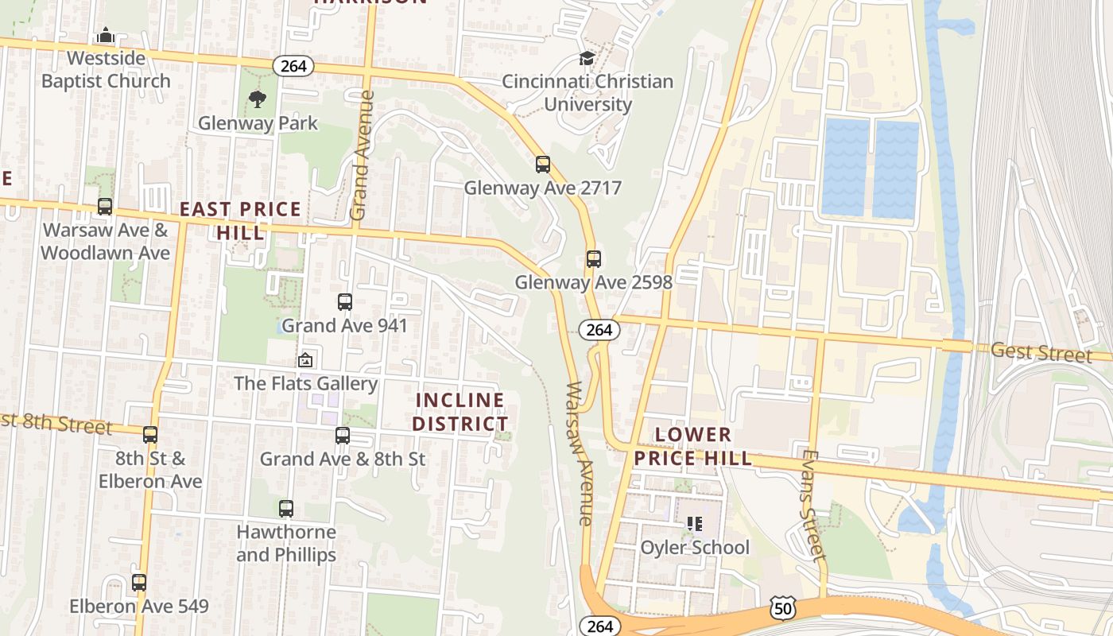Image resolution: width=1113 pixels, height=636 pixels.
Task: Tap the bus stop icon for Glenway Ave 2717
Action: click(x=542, y=165)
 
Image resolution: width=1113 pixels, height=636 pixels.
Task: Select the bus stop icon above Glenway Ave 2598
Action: click(x=593, y=258)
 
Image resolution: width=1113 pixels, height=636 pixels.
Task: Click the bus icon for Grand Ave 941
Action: click(x=344, y=302)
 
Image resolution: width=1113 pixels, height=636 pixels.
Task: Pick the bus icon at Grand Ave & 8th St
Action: click(x=342, y=436)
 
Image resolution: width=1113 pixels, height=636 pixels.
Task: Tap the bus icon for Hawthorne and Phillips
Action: click(x=285, y=508)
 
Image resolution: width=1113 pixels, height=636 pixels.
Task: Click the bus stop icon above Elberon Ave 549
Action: click(x=139, y=583)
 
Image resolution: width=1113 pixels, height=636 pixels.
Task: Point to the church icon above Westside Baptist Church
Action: click(x=106, y=36)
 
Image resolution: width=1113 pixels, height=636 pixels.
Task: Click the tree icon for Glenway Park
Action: click(x=257, y=99)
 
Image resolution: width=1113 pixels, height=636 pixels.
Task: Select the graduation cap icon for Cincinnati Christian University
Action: click(x=587, y=58)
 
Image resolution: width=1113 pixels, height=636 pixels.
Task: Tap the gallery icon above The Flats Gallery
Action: click(x=305, y=360)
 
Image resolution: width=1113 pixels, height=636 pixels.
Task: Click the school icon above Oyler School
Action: click(x=695, y=524)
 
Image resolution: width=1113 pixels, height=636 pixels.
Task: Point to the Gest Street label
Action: click(x=1041, y=352)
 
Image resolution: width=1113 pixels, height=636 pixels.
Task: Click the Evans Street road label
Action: click(x=810, y=506)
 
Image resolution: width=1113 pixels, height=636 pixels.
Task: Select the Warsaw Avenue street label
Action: click(x=580, y=453)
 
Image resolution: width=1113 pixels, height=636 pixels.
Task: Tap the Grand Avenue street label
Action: click(x=362, y=155)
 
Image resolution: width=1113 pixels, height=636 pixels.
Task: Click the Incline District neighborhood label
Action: click(x=460, y=411)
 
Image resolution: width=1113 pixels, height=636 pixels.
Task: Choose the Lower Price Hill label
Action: click(x=693, y=446)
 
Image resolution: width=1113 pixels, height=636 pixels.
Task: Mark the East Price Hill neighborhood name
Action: click(x=240, y=220)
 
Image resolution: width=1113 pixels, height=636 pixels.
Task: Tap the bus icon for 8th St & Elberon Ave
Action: click(x=150, y=435)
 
